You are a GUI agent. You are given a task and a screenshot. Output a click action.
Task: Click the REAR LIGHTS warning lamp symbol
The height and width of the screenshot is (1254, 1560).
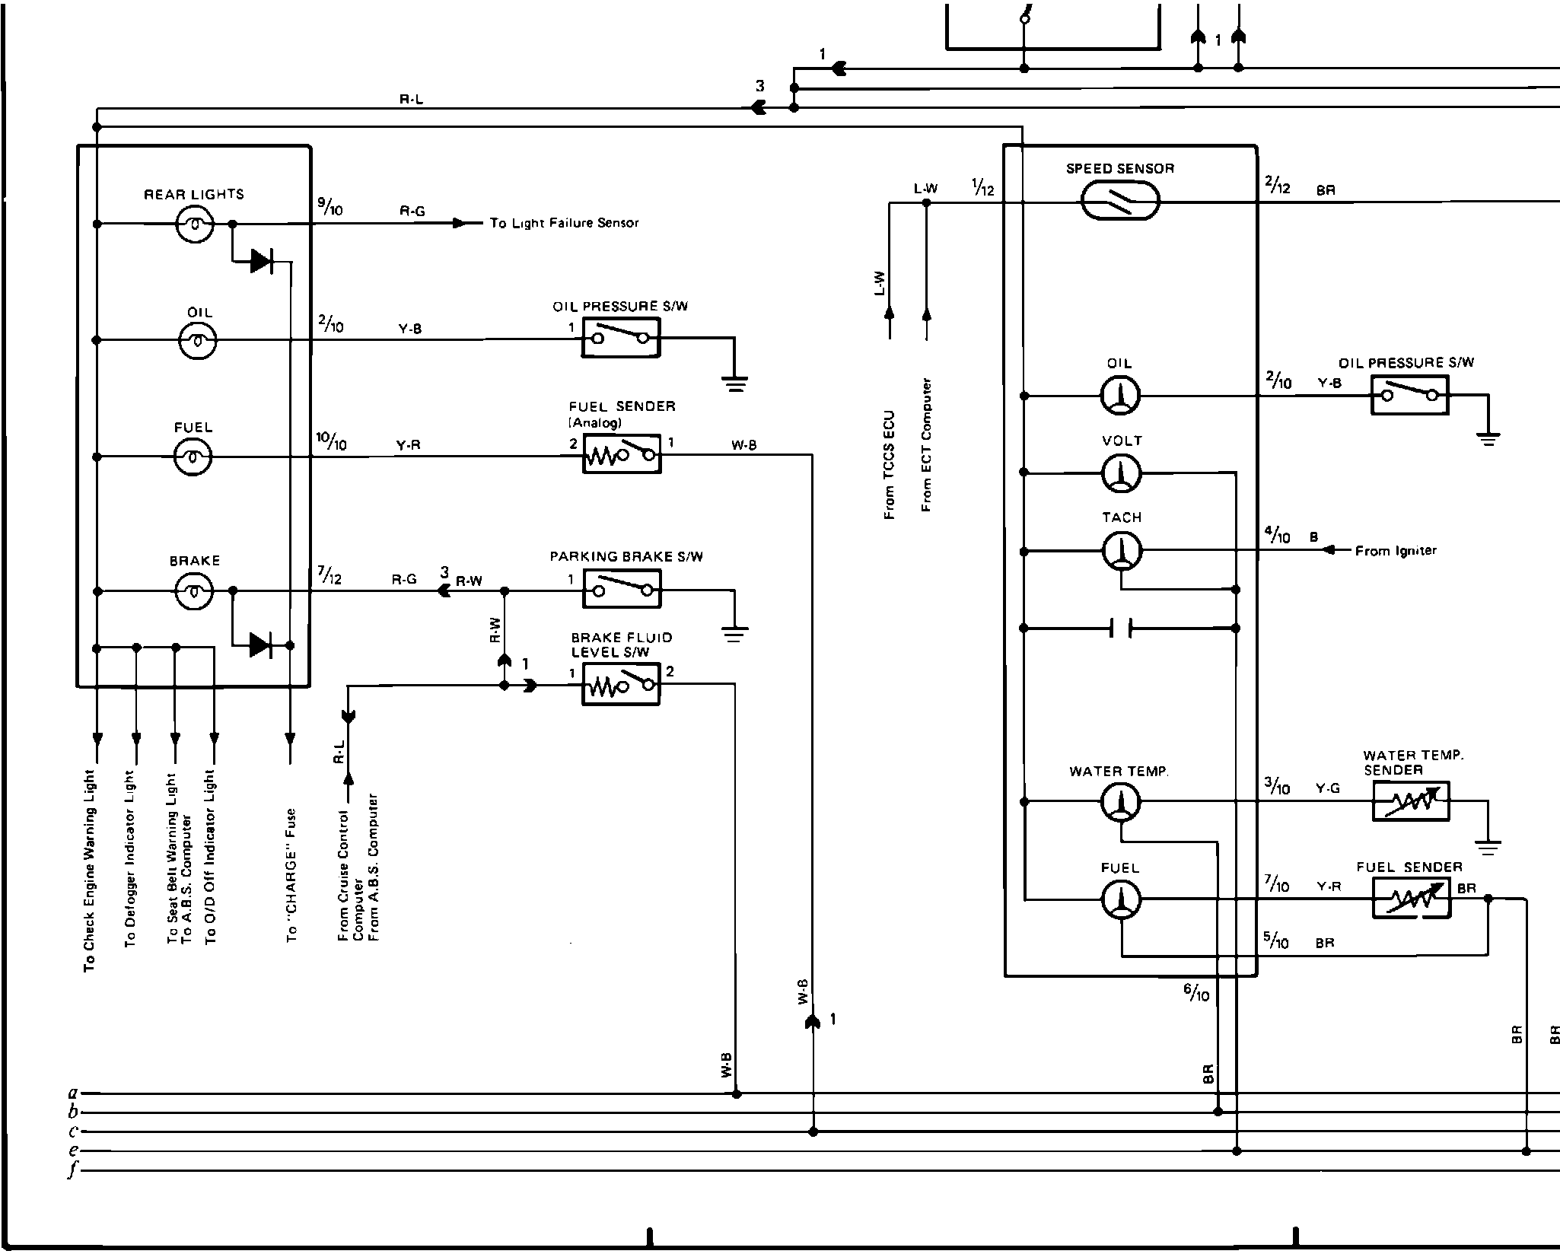(x=195, y=224)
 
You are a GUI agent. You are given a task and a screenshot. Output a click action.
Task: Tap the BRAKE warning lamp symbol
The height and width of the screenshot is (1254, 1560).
(x=195, y=591)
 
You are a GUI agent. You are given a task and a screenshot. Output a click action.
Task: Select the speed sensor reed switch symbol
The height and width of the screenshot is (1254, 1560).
(x=1120, y=202)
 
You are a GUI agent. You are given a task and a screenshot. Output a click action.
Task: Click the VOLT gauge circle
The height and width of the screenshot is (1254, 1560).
(x=1121, y=473)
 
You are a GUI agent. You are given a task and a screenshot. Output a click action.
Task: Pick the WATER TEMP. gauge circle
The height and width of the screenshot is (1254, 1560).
(x=1121, y=802)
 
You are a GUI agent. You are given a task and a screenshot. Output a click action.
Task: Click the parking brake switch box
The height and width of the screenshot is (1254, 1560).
(x=621, y=590)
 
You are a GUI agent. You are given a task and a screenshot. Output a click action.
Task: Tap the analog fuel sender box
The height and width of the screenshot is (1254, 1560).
(x=621, y=455)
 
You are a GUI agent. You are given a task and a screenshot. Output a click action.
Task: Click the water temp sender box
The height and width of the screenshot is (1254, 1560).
(x=1411, y=801)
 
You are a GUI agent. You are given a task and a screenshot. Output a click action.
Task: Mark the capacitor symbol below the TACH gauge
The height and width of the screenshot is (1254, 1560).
(x=1120, y=629)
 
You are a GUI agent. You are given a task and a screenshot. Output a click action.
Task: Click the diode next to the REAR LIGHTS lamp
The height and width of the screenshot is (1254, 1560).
(x=261, y=262)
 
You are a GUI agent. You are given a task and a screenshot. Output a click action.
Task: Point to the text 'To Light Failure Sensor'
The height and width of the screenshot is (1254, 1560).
(x=564, y=223)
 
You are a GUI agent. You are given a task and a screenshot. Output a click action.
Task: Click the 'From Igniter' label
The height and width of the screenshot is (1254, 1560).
(x=1396, y=551)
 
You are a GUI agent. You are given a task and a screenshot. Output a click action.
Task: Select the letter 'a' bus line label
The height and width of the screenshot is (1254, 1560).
(x=73, y=1093)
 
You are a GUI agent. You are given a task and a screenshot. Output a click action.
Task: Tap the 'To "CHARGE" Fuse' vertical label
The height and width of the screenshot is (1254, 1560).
(x=291, y=875)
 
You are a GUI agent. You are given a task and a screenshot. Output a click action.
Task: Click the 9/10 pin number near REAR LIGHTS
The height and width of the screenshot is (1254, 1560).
(x=330, y=205)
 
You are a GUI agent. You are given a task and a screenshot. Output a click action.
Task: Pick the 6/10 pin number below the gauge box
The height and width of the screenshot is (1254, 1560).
(x=1195, y=992)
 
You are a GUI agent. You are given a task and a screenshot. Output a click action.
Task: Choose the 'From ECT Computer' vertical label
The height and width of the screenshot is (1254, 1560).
(x=926, y=445)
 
